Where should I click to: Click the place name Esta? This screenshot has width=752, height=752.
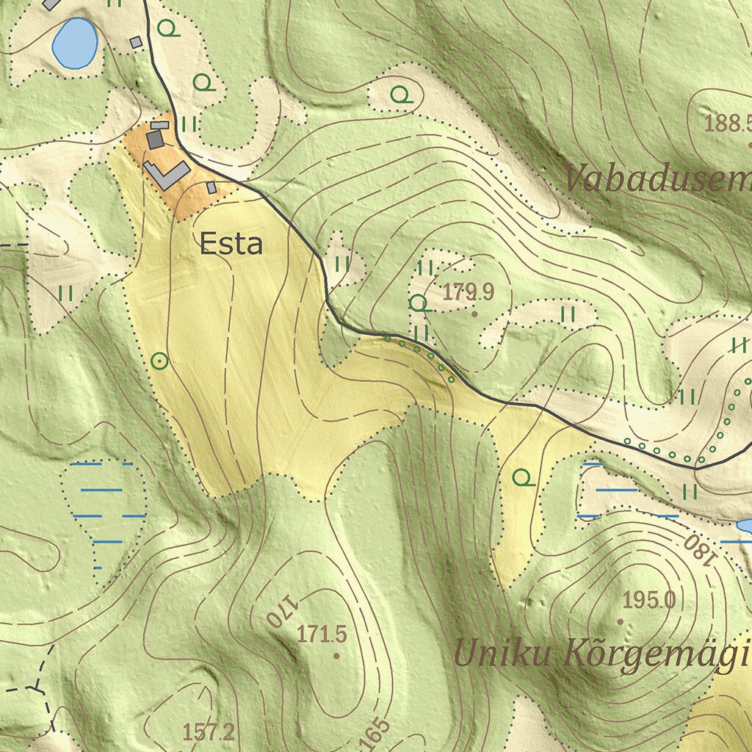pos(231,244)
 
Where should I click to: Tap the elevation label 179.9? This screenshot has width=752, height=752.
pos(469,292)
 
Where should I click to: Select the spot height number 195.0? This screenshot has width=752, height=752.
pos(648,601)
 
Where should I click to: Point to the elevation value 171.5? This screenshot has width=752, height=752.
pos(322,634)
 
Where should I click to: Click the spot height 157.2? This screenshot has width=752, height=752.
pos(209,731)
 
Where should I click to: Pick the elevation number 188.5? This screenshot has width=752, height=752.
pos(727,123)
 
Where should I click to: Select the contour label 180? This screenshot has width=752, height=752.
pos(698,551)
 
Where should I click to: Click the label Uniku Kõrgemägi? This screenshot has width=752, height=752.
pos(601,654)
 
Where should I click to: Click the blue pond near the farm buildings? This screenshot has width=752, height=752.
pos(75,43)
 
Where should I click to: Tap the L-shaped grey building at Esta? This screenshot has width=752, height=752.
pos(165,174)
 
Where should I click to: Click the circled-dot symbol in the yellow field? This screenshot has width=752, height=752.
pos(159,361)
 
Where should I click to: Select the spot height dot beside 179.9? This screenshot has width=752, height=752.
pos(474,314)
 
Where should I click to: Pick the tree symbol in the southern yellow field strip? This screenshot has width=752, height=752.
pos(523,479)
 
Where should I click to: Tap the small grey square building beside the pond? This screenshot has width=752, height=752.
pos(135,43)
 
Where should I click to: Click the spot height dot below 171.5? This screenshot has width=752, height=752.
pos(336,655)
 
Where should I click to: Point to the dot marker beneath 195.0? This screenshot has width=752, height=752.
pos(621,621)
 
